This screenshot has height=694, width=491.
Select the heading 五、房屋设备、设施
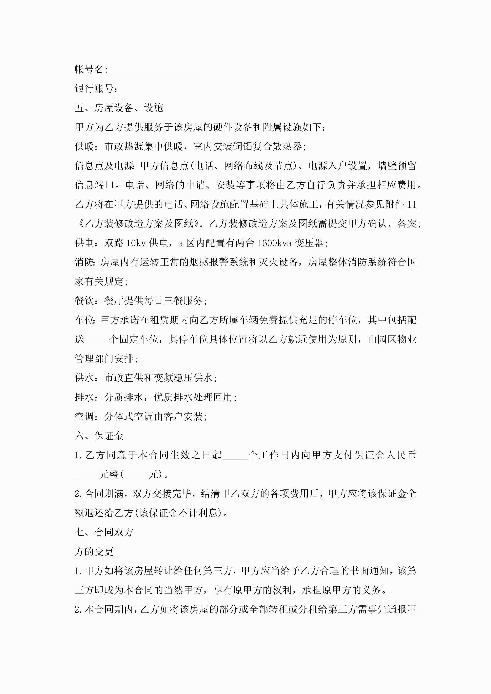(x=119, y=108)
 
